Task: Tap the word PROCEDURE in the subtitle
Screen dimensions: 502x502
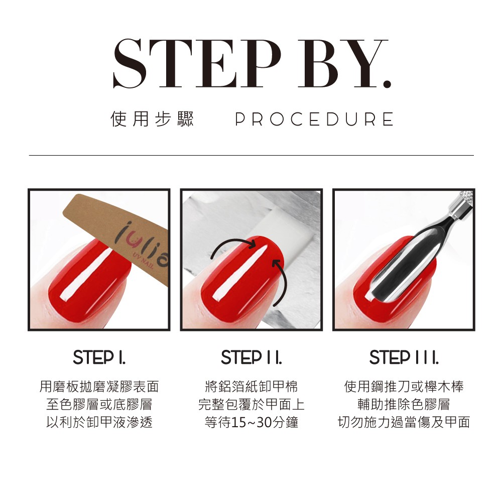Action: (314, 119)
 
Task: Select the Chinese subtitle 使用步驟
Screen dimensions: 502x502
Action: (152, 119)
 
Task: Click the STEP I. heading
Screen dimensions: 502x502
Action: (99, 357)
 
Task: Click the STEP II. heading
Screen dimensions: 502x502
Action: (252, 357)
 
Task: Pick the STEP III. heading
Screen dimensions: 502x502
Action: (404, 357)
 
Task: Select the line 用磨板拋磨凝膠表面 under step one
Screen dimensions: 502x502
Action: (99, 387)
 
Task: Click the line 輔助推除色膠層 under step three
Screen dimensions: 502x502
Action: (404, 404)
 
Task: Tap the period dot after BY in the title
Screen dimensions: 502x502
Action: (387, 83)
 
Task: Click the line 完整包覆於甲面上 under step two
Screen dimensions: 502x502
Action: (252, 404)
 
